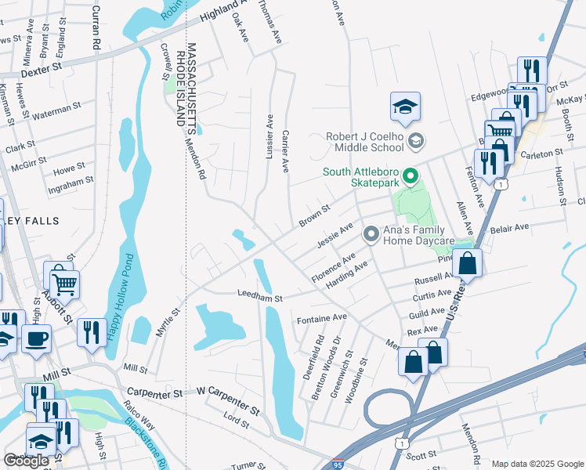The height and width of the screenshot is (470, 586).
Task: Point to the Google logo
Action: (26, 461)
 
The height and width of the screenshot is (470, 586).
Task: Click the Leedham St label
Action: (259, 297)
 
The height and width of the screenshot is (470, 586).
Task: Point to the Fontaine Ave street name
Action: (321, 318)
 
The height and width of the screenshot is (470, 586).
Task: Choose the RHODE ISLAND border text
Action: (180, 87)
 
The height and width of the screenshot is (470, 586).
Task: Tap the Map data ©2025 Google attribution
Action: (537, 464)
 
